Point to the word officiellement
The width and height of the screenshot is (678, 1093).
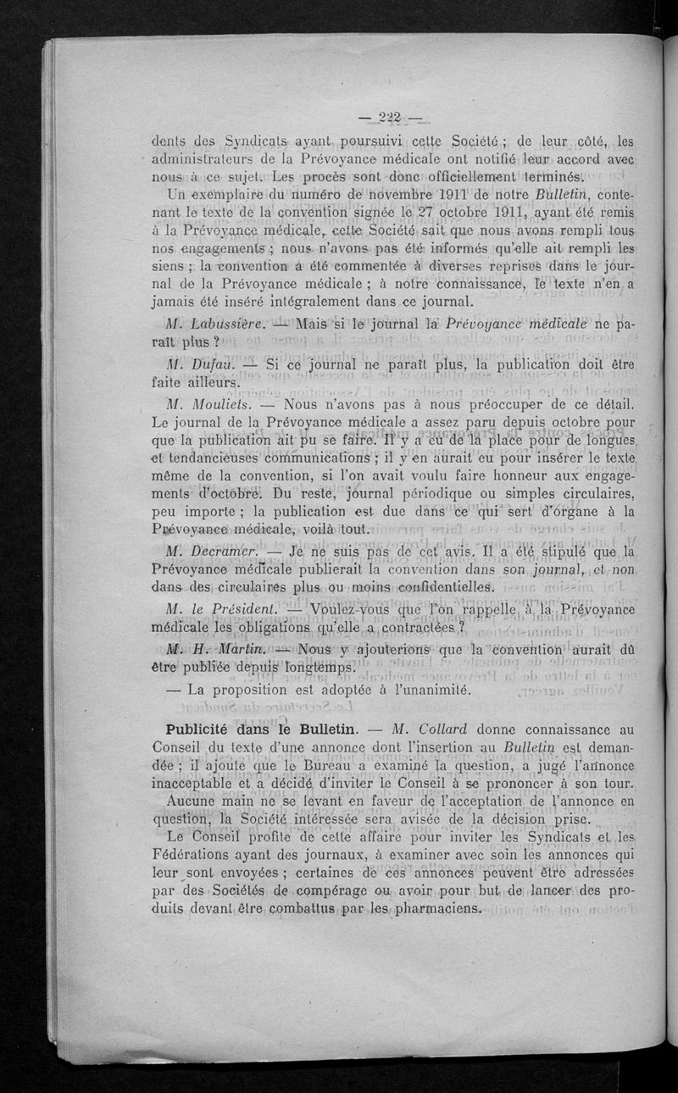[x=442, y=176]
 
